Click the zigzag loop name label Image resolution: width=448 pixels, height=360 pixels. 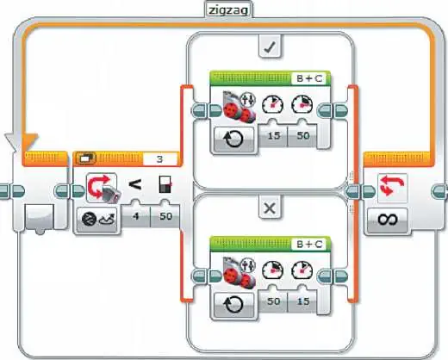pos(228,10)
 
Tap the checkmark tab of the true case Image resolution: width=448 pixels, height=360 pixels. pos(270,47)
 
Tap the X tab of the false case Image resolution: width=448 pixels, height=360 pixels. pos(270,208)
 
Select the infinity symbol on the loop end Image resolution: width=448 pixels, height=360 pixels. pos(388,220)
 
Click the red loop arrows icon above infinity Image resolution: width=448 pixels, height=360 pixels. pos(392,186)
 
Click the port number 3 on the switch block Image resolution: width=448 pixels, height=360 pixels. pos(160,159)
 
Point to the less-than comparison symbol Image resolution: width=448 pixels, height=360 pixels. pos(135,184)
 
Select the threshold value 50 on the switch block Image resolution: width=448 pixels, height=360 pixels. pos(165,216)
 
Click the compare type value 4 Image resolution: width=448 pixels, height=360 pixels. pos(136,216)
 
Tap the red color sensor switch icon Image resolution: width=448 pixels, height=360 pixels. pos(103,188)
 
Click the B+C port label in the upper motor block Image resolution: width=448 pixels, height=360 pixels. pos(309,78)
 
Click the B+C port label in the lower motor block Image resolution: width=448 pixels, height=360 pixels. pos(309,245)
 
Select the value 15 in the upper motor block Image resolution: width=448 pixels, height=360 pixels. pos(274,135)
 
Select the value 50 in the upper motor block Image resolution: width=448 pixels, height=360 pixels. pos(303,135)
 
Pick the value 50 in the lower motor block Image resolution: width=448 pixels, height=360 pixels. pos(274,301)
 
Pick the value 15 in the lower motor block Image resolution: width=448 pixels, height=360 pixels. pos(303,301)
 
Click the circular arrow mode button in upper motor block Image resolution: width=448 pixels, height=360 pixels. pos(233,140)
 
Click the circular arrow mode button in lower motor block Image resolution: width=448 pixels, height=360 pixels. pos(233,305)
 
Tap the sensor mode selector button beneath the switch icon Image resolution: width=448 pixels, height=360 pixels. pos(97,220)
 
